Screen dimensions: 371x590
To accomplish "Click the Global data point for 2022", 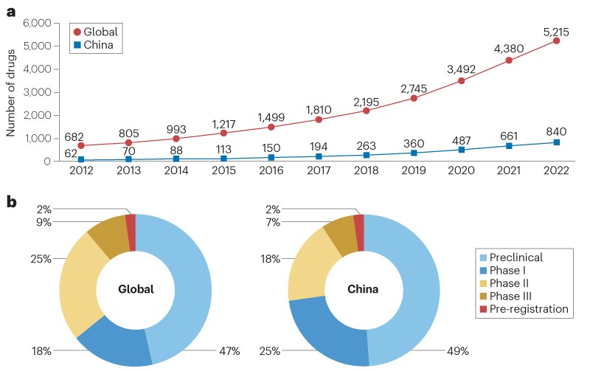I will tap(556, 41).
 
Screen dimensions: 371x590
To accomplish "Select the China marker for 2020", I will tap(462, 150).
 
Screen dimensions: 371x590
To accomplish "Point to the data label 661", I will tap(509, 133).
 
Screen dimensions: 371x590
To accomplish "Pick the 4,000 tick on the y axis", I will tap(35, 69).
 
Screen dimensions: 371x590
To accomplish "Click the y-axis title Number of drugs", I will tap(11, 92).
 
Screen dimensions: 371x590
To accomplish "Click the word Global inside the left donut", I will tap(136, 289).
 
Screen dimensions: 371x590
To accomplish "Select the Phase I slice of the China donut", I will tap(324, 331).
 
